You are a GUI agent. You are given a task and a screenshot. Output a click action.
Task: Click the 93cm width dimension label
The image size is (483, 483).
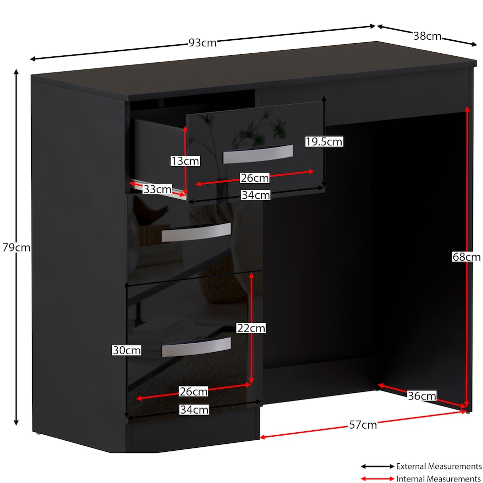202,42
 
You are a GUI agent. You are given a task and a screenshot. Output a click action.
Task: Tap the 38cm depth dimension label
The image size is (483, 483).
427,36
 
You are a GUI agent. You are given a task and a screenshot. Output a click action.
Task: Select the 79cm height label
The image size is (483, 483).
16,248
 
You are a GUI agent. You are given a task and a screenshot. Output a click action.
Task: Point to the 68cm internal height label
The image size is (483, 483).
466,257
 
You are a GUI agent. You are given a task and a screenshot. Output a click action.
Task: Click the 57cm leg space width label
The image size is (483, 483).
363,425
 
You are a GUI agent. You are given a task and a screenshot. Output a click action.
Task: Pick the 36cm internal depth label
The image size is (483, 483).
422,396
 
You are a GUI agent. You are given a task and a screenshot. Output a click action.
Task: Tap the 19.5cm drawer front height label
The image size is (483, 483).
324,142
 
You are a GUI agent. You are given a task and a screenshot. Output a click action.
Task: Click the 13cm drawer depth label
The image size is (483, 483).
185,161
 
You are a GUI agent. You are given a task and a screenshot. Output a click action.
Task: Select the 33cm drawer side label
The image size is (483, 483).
157,189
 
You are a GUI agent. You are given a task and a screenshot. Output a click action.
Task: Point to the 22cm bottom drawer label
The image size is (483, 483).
251,329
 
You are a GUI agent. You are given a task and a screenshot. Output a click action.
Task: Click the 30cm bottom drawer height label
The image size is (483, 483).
127,350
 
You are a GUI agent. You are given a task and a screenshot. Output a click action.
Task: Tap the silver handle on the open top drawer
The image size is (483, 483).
258,154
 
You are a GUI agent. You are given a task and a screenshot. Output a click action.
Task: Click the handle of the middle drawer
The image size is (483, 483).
196,232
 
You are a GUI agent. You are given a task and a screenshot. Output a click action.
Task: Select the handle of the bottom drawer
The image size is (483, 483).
196,347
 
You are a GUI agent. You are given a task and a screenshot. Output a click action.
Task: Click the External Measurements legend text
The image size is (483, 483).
439,466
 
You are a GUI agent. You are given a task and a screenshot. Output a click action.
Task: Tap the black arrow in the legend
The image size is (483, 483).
378,466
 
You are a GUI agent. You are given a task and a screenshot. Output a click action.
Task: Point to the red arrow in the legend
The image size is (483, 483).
378,478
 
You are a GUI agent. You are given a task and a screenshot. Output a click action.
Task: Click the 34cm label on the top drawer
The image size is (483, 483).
256,195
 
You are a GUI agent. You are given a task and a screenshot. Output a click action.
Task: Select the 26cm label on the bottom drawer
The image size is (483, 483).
194,391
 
